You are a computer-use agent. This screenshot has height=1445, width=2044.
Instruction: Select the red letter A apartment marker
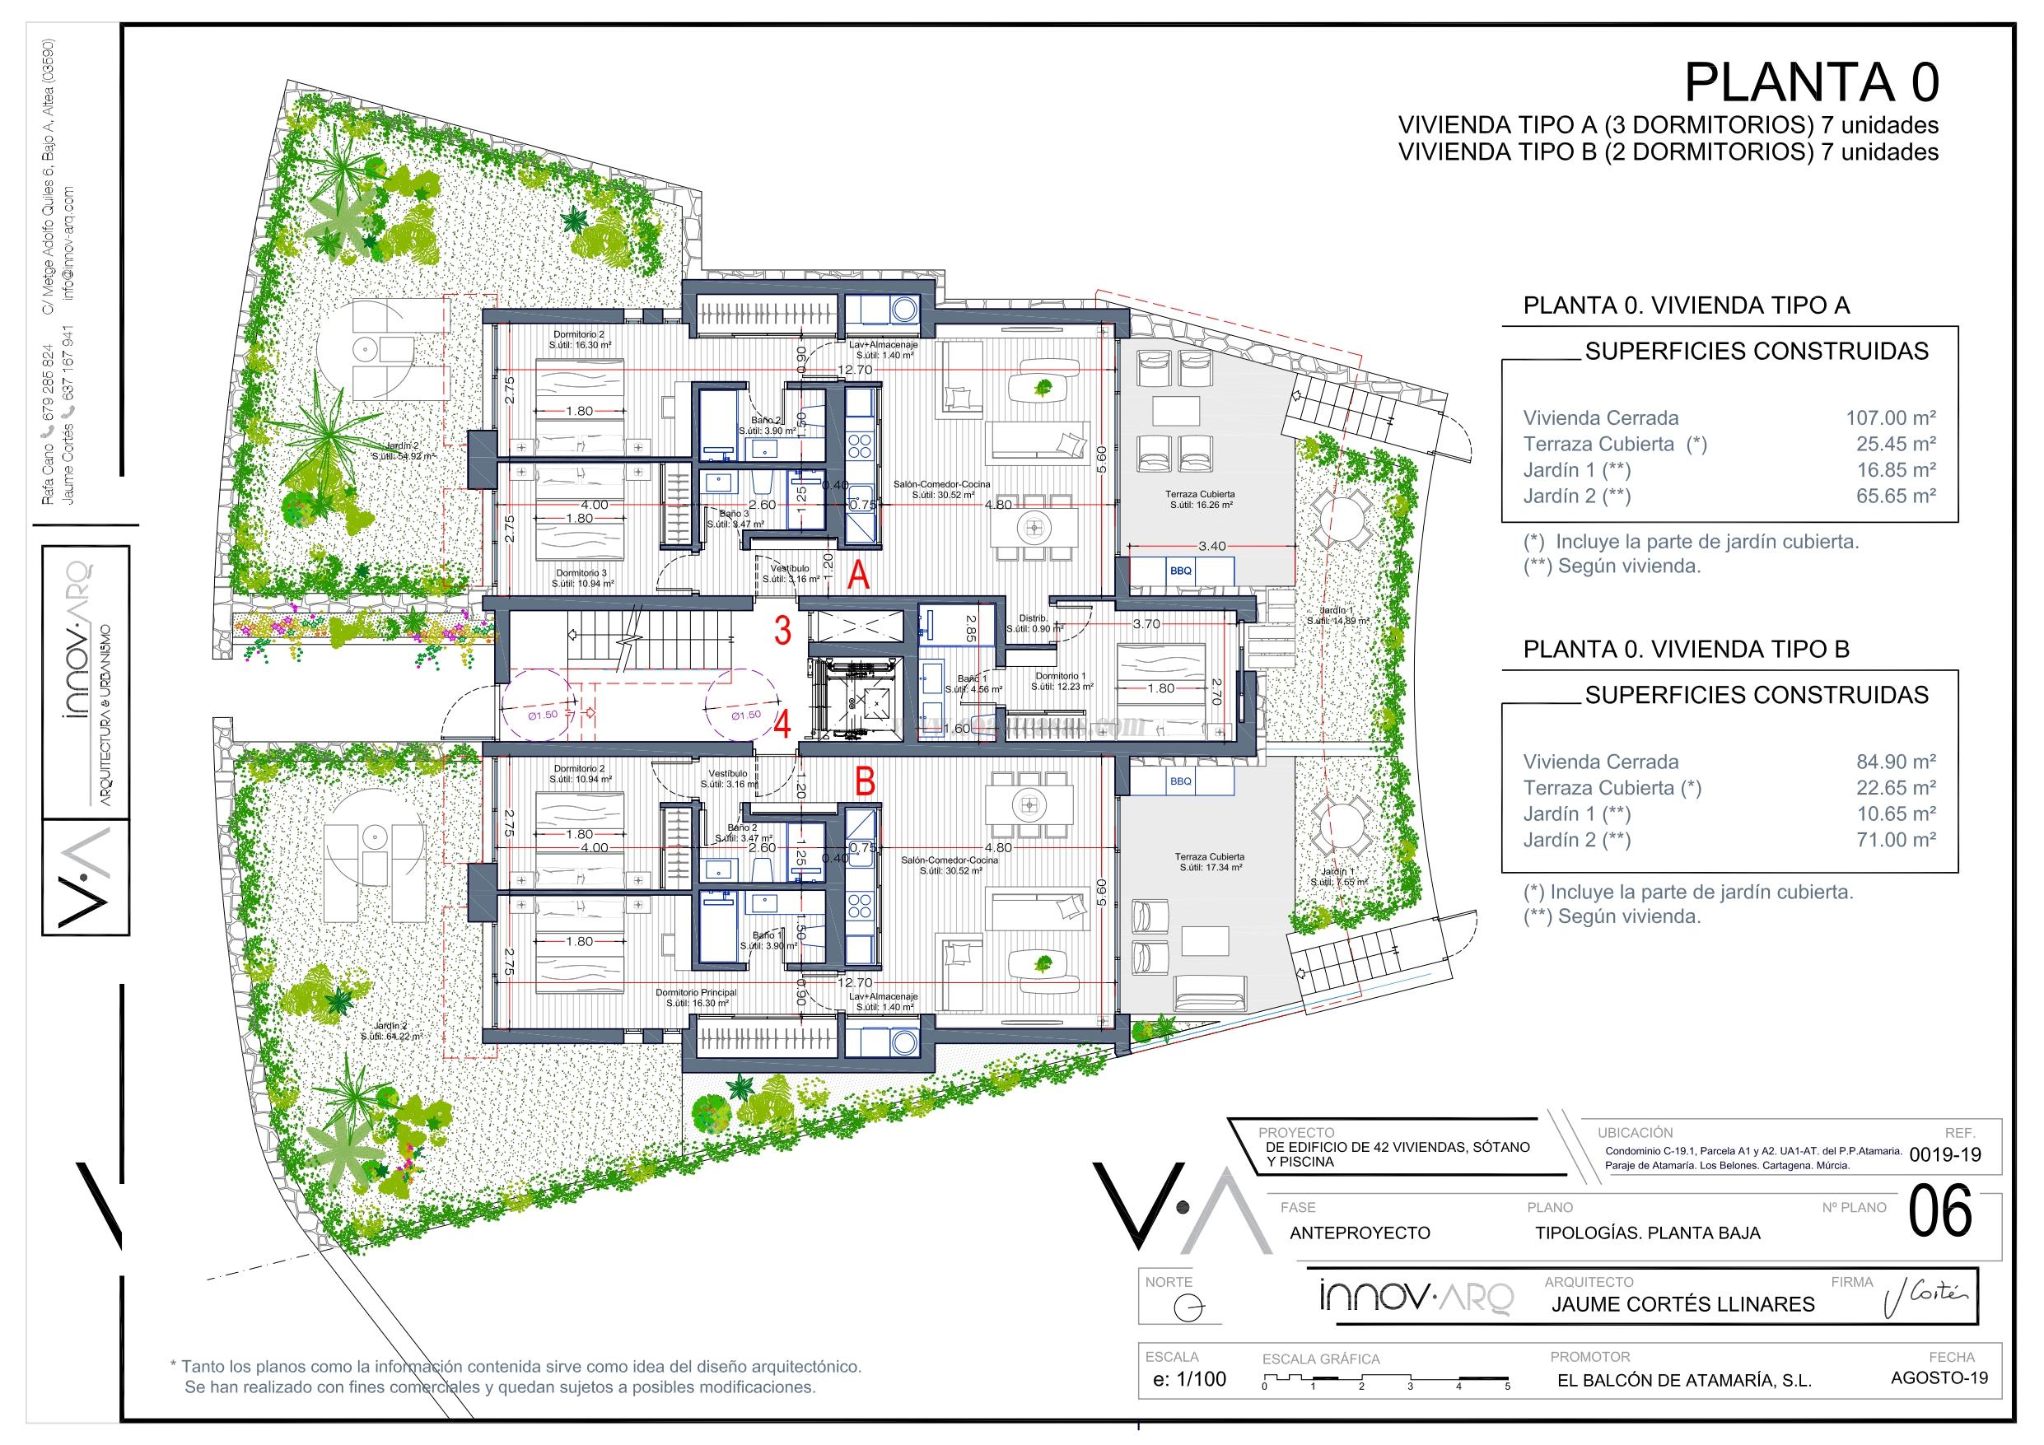[x=857, y=576]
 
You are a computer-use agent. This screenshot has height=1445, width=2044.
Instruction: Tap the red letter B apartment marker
[x=865, y=781]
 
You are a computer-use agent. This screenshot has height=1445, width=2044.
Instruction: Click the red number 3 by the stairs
[x=782, y=631]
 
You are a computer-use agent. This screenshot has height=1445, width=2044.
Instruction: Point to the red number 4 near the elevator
[x=782, y=725]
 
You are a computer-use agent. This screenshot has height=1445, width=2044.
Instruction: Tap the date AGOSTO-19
[x=1938, y=1377]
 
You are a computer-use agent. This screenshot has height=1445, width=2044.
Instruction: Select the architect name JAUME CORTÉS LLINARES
[x=1682, y=1304]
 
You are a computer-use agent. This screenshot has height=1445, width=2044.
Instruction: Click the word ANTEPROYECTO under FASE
[x=1360, y=1233]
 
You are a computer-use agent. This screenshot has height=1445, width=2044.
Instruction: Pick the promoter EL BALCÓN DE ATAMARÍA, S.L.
[x=1684, y=1381]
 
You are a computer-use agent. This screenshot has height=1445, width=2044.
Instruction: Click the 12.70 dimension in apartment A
[x=853, y=371]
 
